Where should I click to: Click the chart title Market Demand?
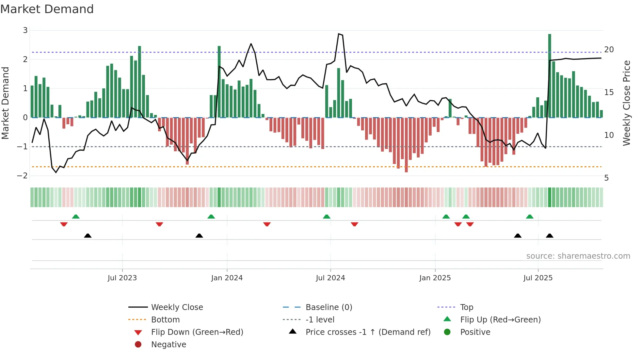[x=47, y=9]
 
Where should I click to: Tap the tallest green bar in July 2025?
[x=550, y=75]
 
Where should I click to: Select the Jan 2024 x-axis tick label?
[x=227, y=278]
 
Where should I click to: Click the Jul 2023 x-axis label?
[x=122, y=278]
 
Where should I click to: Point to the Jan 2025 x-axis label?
[x=435, y=278]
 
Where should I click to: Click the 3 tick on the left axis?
[x=25, y=30]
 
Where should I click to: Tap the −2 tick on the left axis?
[x=23, y=176]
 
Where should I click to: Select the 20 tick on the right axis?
[x=609, y=50]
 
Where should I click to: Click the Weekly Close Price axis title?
[x=626, y=103]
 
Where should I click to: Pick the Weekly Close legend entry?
[x=177, y=307]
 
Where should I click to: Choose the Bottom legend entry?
[x=165, y=320]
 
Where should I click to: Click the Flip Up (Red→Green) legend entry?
[x=500, y=320]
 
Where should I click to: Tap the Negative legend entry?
[x=168, y=345]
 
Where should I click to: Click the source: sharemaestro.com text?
[x=578, y=256]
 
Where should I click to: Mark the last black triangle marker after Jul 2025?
[x=550, y=236]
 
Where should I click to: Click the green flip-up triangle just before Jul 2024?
[x=327, y=217]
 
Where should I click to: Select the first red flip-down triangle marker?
[x=64, y=224]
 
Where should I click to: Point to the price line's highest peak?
[x=339, y=34]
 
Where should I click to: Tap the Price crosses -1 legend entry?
[x=368, y=332]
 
